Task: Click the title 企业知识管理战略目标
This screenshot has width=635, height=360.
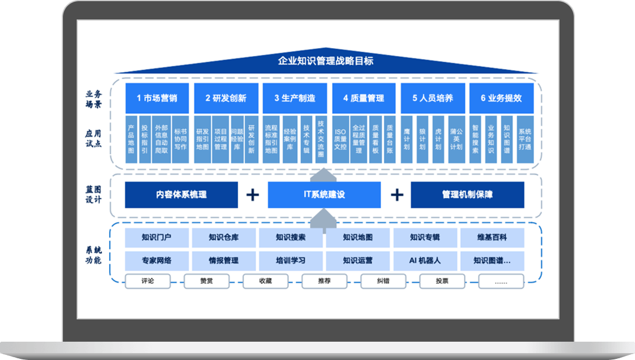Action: tap(326, 61)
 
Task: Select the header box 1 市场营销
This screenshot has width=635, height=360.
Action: tap(157, 98)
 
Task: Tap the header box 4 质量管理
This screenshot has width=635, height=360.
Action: tap(363, 98)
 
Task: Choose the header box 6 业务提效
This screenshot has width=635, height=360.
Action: tap(501, 98)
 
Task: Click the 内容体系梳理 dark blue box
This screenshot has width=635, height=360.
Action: tap(181, 195)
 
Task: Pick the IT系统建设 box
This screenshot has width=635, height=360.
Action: tap(324, 195)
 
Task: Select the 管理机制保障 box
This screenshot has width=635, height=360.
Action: tap(467, 195)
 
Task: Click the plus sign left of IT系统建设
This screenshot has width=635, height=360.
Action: tap(252, 195)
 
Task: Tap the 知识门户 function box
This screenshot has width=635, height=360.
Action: tap(156, 238)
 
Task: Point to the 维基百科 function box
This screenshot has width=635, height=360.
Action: tap(492, 238)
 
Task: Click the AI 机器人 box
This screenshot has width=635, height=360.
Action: tap(425, 260)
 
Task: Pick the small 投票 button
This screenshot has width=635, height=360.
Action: tap(442, 281)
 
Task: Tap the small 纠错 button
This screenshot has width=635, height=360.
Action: tap(383, 281)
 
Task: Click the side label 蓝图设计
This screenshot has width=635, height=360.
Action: tap(94, 195)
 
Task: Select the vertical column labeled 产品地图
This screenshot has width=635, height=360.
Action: tap(131, 139)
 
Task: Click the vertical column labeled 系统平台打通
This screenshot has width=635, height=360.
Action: tap(525, 139)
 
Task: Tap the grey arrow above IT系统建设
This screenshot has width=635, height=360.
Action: tap(324, 174)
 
